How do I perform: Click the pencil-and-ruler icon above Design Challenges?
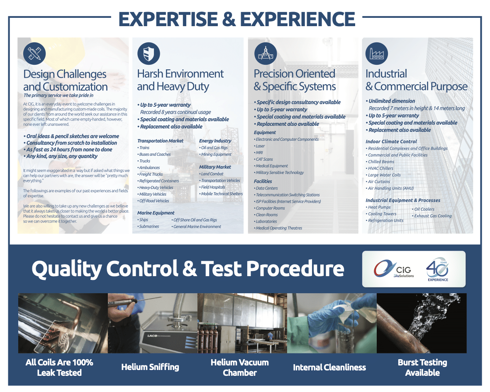tap(34, 54)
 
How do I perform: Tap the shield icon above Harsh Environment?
tap(149, 54)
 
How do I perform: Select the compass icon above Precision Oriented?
tap(266, 54)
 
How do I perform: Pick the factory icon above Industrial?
tap(377, 54)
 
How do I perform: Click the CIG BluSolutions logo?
tap(394, 269)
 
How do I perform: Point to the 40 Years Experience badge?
tap(437, 269)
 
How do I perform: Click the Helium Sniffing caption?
tap(150, 367)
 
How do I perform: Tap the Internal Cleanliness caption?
tap(329, 367)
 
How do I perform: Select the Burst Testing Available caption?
tap(422, 367)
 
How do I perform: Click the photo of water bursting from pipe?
tap(422, 323)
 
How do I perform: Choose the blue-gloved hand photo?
tap(332, 323)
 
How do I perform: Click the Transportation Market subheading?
tap(160, 141)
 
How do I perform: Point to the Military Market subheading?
tap(215, 167)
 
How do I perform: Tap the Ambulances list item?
tap(149, 168)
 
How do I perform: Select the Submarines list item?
tap(149, 226)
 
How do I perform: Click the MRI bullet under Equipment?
tap(258, 153)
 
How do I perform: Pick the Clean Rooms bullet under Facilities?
tap(266, 215)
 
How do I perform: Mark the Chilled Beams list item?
tap(380, 162)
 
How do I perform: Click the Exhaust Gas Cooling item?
tap(432, 216)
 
